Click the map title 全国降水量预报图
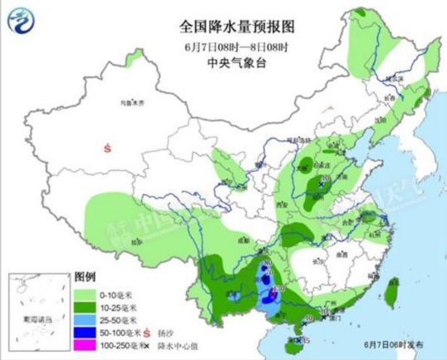tap(223, 26)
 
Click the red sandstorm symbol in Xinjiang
tap(107, 148)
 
